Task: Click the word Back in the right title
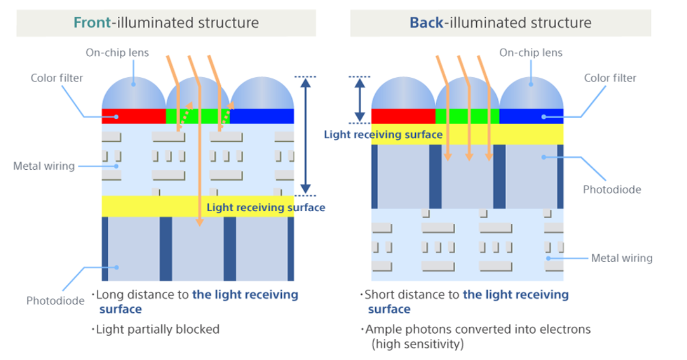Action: click(x=426, y=23)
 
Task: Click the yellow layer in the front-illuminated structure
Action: click(x=152, y=206)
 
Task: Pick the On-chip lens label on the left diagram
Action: click(x=117, y=53)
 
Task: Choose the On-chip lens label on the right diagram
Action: click(x=530, y=53)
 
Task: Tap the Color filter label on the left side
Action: click(x=57, y=78)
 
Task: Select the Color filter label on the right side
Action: click(x=610, y=78)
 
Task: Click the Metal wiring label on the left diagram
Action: click(x=44, y=166)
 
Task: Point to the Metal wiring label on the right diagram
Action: click(x=621, y=258)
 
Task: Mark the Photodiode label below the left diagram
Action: click(x=55, y=301)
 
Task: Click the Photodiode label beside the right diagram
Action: click(x=612, y=189)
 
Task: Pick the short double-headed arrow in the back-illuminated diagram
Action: click(x=360, y=100)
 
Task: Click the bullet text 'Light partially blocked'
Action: click(x=158, y=330)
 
